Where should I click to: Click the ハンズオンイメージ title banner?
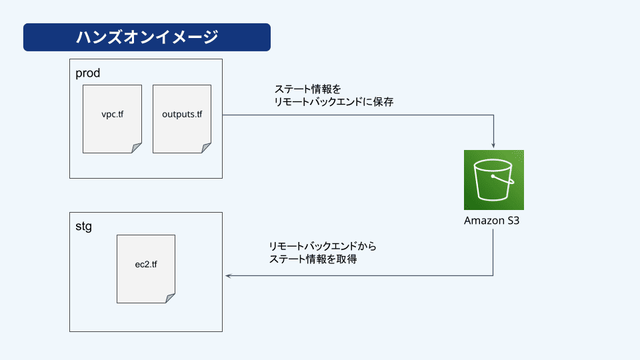coord(147,37)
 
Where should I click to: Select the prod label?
coord(88,73)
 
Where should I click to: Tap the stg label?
coord(84,226)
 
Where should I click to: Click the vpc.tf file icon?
coord(112,119)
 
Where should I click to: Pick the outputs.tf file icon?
coord(182,119)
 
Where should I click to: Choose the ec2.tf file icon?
coord(146,269)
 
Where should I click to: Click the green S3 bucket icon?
coord(494,180)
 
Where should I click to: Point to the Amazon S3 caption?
coord(492,221)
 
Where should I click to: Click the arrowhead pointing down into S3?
coord(493,145)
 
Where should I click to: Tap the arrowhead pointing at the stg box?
coord(229,276)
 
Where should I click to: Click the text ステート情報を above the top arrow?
coord(308,89)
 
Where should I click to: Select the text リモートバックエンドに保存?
coord(334,101)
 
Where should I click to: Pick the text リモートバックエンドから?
coord(323,246)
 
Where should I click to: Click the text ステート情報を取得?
coord(313,259)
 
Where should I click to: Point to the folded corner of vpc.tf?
coord(136,148)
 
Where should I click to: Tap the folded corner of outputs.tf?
coord(206,148)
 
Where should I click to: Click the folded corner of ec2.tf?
coord(170,298)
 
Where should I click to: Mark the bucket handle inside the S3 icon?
coord(503,180)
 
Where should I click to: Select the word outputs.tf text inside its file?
coord(182,114)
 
